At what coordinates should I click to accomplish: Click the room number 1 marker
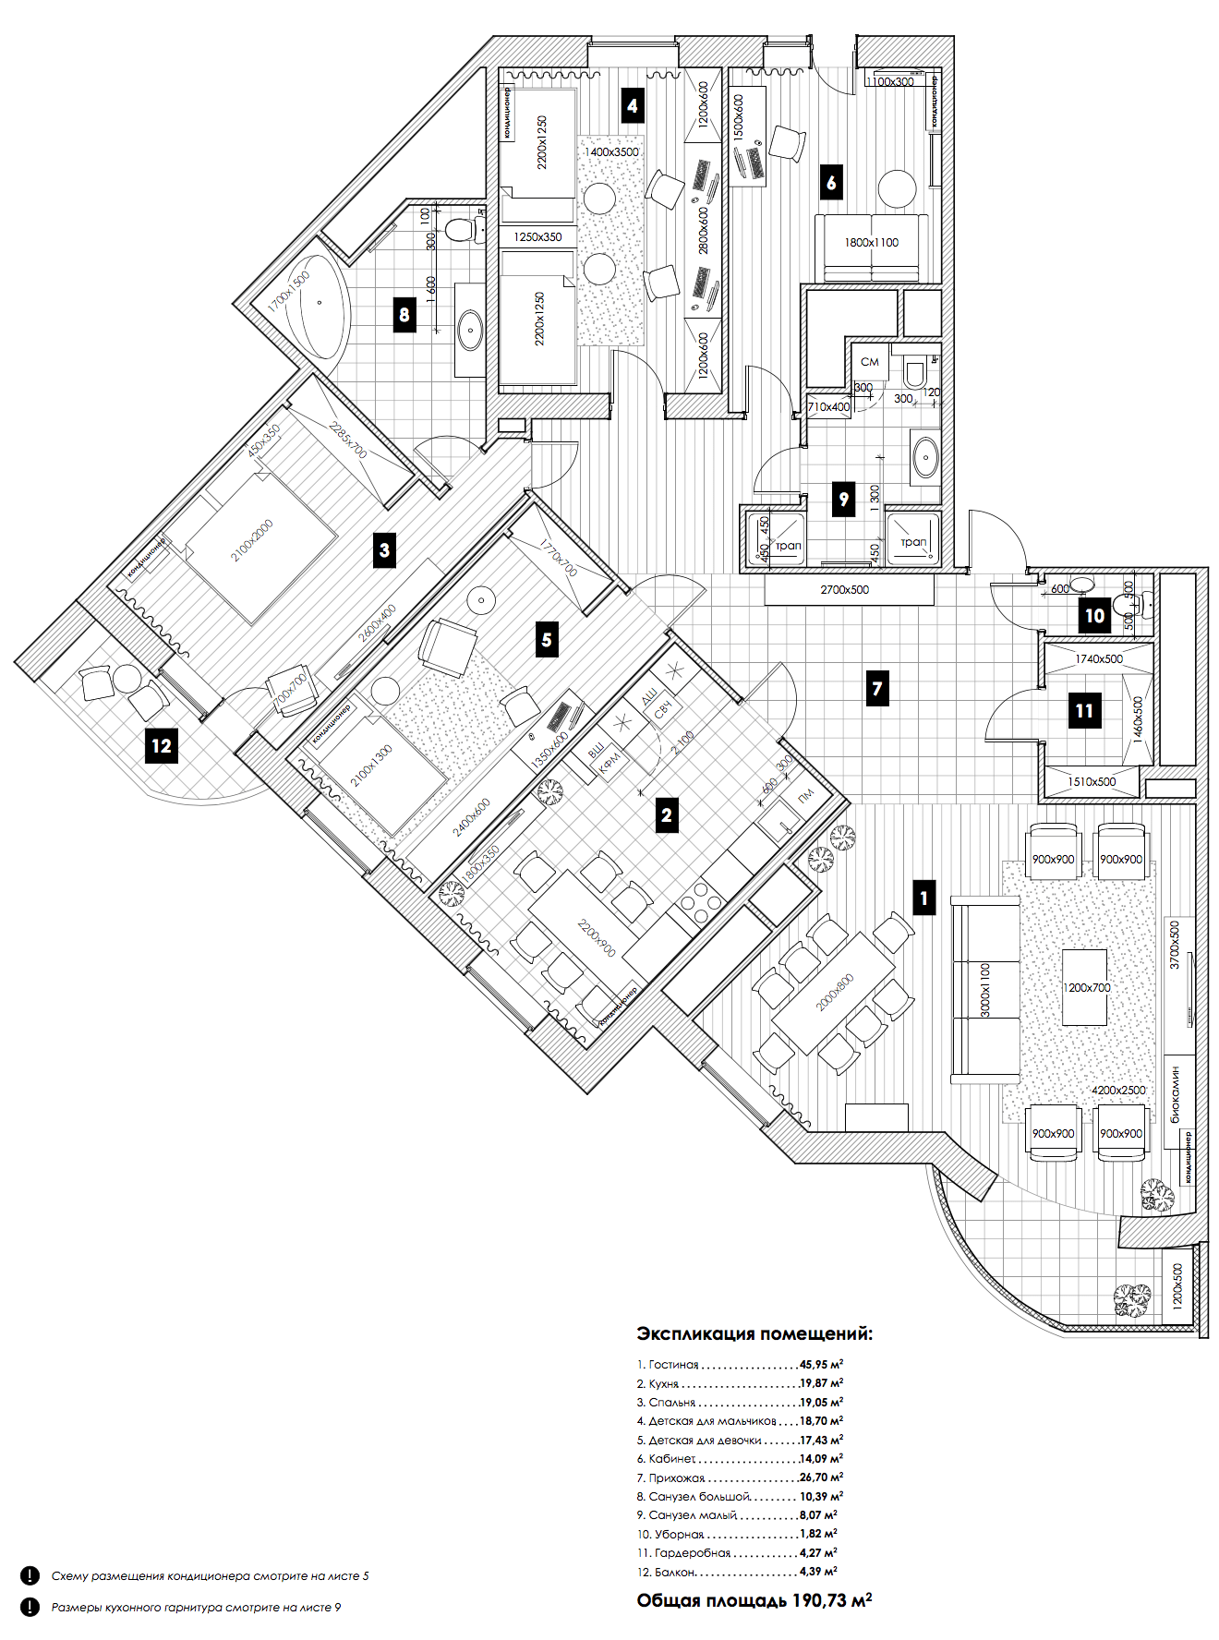(923, 898)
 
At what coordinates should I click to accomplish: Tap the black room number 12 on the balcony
(162, 745)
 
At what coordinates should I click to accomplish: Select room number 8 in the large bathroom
(404, 315)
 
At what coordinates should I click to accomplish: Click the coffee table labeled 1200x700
(1085, 987)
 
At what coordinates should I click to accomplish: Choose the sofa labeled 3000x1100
(985, 989)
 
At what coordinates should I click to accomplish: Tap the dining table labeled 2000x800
(834, 993)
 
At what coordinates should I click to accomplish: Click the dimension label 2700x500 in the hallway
(844, 589)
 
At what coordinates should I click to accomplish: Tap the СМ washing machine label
(869, 362)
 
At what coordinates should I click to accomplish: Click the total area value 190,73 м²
(821, 1600)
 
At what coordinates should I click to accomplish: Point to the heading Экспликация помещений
(754, 1333)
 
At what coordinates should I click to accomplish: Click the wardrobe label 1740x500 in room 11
(1098, 658)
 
